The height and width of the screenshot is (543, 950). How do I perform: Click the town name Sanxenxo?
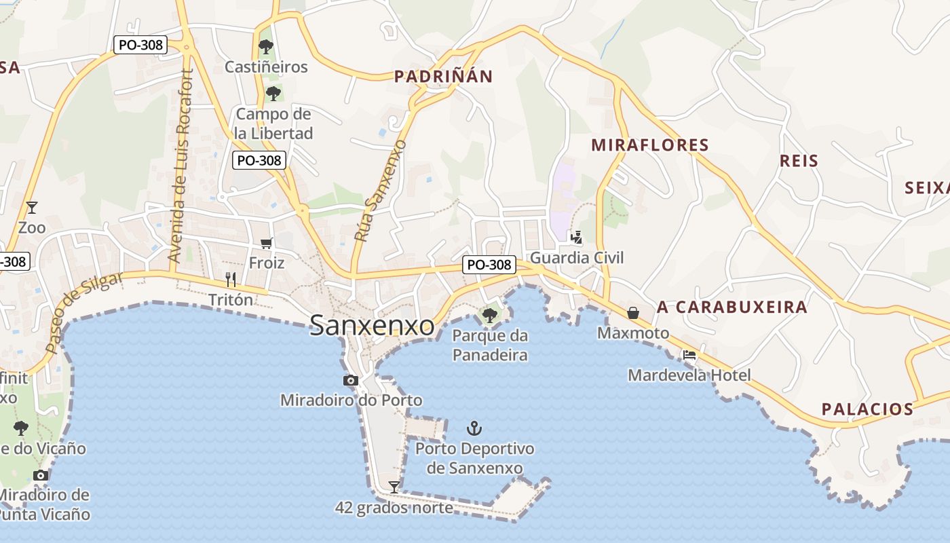[372, 326]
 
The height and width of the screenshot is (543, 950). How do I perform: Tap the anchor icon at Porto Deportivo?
[474, 428]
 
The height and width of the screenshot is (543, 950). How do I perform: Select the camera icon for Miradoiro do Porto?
[351, 380]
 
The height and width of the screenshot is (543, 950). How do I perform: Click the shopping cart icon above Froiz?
[267, 243]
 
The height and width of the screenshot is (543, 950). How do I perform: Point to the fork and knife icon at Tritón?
[231, 279]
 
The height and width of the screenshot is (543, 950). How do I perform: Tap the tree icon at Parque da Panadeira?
[489, 315]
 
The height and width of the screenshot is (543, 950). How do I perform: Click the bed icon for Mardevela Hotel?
[689, 354]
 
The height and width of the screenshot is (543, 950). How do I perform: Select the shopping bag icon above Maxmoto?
[633, 312]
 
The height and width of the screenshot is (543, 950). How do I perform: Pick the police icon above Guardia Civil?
[577, 237]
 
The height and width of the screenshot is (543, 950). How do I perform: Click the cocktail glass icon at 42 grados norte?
[394, 487]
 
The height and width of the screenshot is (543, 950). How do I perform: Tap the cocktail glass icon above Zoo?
[31, 207]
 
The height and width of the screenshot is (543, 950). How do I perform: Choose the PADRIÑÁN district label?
[444, 77]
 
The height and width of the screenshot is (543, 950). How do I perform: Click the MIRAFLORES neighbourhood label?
[650, 145]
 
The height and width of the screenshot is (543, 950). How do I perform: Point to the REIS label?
[799, 161]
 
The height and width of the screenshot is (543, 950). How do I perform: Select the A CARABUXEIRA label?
[732, 307]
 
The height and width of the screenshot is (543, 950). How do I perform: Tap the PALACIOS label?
[867, 409]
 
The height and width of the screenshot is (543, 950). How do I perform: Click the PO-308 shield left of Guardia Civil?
[489, 265]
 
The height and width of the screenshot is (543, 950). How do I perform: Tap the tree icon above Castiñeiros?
[266, 47]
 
